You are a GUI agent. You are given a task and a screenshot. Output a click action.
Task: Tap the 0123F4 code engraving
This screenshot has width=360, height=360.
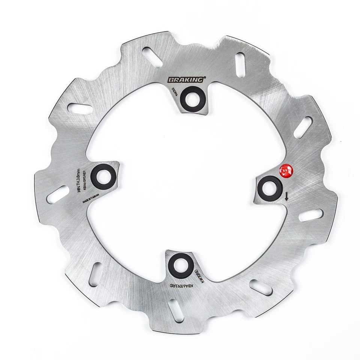[x=174, y=91]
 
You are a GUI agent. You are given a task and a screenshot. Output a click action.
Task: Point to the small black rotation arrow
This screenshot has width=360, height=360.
[x=287, y=195]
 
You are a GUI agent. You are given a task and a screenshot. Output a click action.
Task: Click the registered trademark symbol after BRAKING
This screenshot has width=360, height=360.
[x=205, y=78]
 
